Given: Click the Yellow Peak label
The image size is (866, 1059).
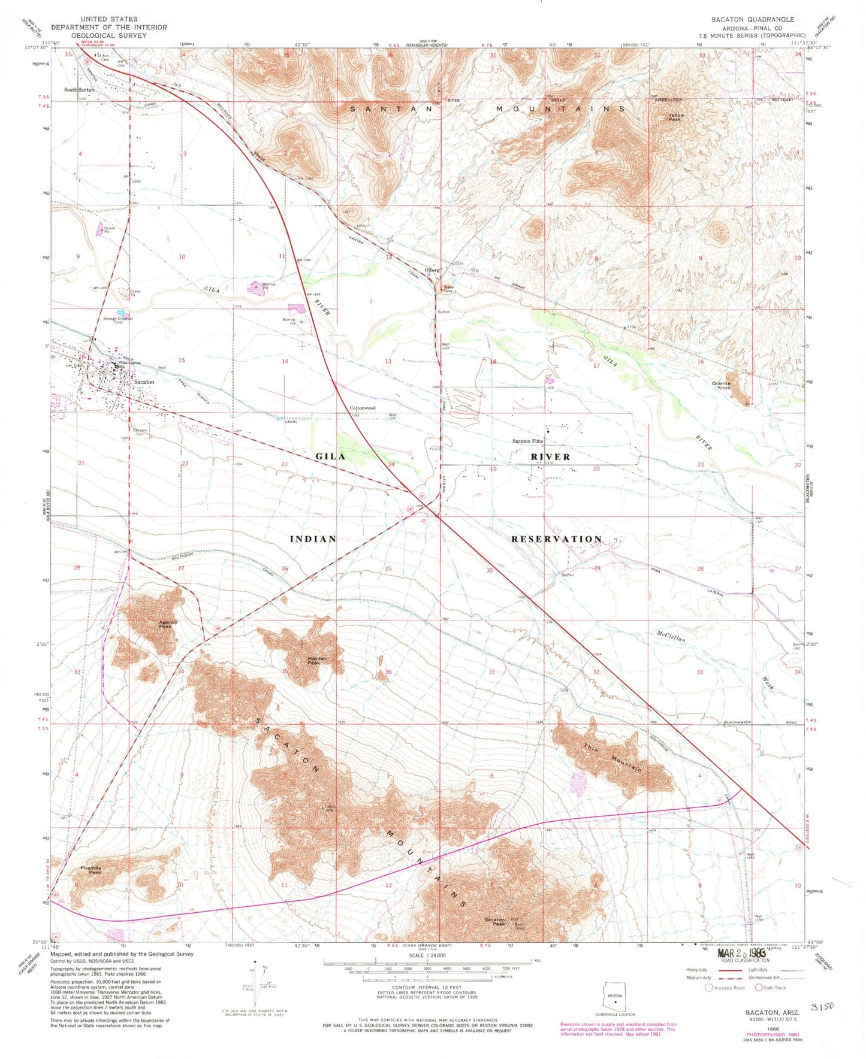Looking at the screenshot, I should (x=676, y=117).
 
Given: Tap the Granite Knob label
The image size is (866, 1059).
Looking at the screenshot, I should (x=724, y=386).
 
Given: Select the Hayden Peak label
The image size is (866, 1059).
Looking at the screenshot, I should (x=316, y=660).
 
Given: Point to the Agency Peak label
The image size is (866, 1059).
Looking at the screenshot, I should (x=168, y=624).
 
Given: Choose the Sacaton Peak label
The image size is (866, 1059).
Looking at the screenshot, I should (x=494, y=921).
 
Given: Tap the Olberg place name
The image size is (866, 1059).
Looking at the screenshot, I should (x=433, y=270).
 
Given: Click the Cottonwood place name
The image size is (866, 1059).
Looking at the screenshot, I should (x=363, y=408).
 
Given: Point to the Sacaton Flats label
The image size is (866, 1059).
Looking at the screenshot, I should (x=527, y=441).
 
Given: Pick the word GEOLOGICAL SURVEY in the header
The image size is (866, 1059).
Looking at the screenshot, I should (x=108, y=35).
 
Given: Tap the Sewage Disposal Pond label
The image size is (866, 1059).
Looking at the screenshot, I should (x=117, y=320).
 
